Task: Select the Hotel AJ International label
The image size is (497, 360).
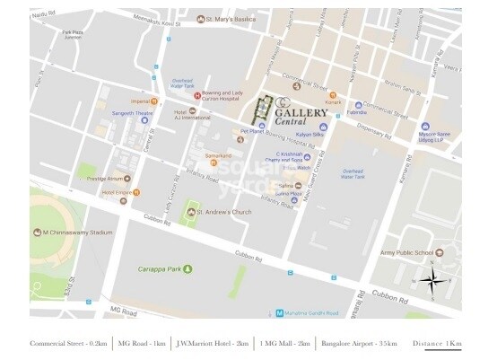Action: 189,116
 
